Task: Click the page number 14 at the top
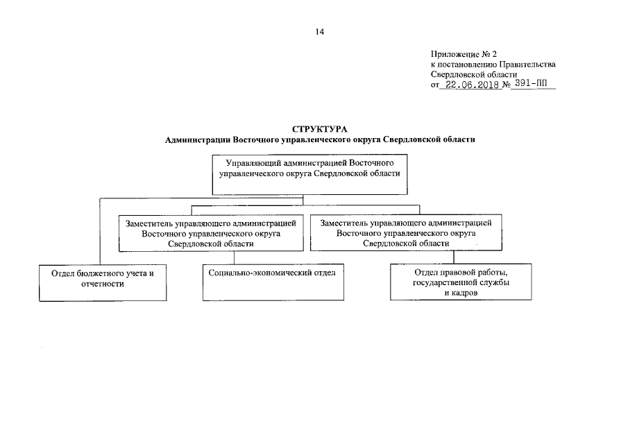[x=319, y=32]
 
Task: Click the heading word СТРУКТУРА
[x=319, y=129]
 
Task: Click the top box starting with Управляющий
[x=309, y=175]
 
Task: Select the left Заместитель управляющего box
[x=211, y=233]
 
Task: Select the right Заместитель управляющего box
[x=406, y=233]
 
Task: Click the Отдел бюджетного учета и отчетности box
[x=102, y=282]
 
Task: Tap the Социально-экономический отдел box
[x=273, y=282]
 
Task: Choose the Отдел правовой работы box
[x=460, y=282]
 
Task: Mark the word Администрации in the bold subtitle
[x=197, y=139]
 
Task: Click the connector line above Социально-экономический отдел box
[x=235, y=257]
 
